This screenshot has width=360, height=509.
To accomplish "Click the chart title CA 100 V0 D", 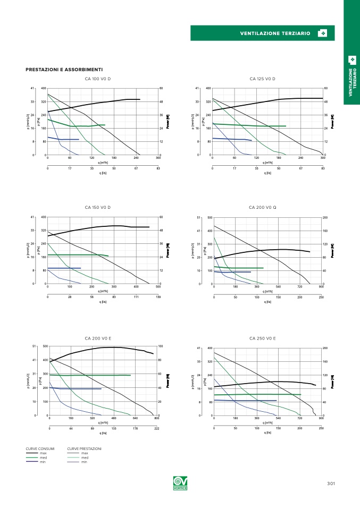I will pyautogui.click(x=98, y=79).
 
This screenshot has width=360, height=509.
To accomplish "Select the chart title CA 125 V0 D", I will pyautogui.click(x=262, y=79).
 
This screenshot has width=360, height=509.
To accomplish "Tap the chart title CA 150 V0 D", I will pyautogui.click(x=98, y=207).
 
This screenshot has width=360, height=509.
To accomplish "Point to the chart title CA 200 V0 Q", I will pyautogui.click(x=262, y=207).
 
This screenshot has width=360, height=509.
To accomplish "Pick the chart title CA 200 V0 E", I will pyautogui.click(x=98, y=337).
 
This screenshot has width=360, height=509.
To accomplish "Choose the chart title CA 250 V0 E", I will pyautogui.click(x=262, y=337).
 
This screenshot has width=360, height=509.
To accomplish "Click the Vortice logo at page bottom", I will pyautogui.click(x=179, y=483).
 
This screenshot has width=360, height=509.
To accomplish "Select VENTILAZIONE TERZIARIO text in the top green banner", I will pyautogui.click(x=275, y=33).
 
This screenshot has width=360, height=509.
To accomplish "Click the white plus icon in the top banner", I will pyautogui.click(x=322, y=33).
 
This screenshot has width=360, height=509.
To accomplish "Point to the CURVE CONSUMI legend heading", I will pyautogui.click(x=40, y=449).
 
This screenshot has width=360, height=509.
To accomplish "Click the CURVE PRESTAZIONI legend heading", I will pyautogui.click(x=84, y=449).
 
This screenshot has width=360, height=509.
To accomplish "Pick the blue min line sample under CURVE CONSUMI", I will pyautogui.click(x=32, y=462).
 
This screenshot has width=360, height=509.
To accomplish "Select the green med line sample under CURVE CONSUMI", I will pyautogui.click(x=32, y=457).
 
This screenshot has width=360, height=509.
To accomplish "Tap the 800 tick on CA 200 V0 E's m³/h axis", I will pyautogui.click(x=157, y=419).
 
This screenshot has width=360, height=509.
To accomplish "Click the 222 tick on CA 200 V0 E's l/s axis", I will pyautogui.click(x=157, y=428).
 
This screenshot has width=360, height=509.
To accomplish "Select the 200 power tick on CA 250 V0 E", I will pyautogui.click(x=325, y=348).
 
